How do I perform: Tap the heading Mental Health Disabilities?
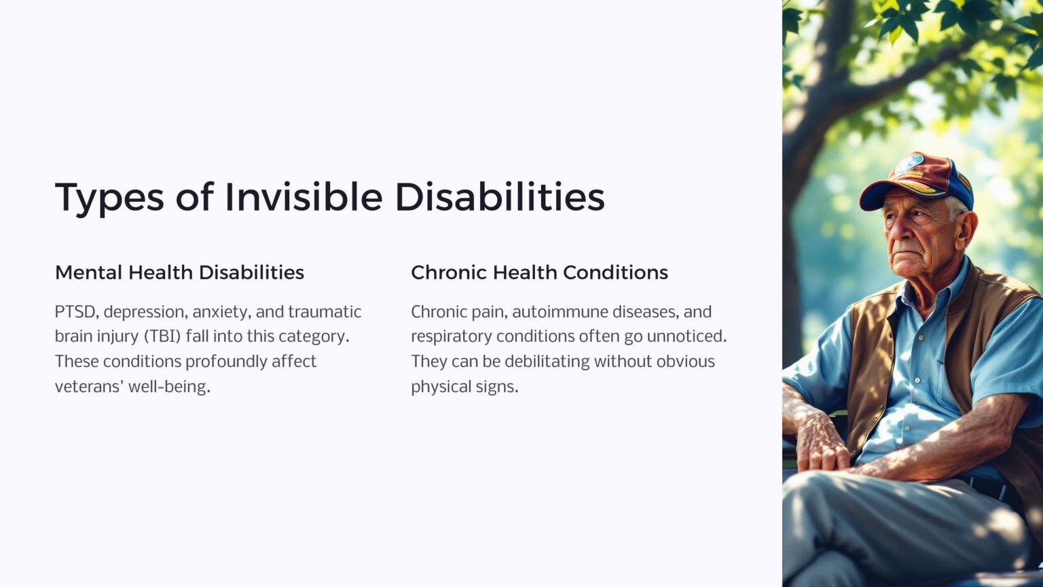[x=179, y=272]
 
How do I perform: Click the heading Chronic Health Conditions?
[x=539, y=272]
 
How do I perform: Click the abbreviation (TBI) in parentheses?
[x=162, y=336]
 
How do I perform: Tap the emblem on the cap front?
[x=909, y=165]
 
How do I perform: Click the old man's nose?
[x=898, y=234]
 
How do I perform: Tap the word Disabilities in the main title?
[x=499, y=197]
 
